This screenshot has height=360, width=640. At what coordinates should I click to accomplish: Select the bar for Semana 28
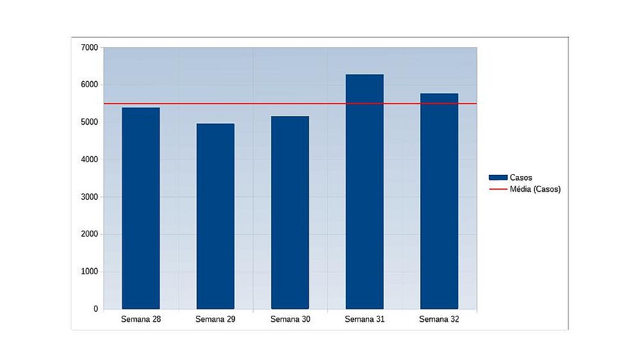[140, 208]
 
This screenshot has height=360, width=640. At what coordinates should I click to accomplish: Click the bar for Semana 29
[215, 216]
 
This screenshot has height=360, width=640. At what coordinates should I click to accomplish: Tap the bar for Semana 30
[290, 212]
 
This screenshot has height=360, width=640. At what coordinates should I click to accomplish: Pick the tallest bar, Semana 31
[365, 192]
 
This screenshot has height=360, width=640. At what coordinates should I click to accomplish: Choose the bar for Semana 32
[439, 201]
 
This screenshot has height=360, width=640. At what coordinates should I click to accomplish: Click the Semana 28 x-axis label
[140, 319]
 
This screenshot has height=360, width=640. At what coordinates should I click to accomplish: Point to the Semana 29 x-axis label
[215, 319]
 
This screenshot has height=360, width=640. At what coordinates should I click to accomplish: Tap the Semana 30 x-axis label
[290, 319]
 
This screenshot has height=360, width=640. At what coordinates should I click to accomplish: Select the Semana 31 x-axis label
[365, 319]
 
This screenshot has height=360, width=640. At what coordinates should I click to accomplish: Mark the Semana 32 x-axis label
[439, 319]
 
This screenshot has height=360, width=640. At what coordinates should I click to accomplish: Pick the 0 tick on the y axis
[95, 309]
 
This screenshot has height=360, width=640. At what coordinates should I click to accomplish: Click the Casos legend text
[521, 177]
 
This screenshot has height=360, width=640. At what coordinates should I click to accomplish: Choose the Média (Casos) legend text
[535, 189]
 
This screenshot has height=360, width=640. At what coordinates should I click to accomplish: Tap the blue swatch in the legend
[498, 177]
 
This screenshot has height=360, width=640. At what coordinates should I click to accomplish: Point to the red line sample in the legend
[498, 189]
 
